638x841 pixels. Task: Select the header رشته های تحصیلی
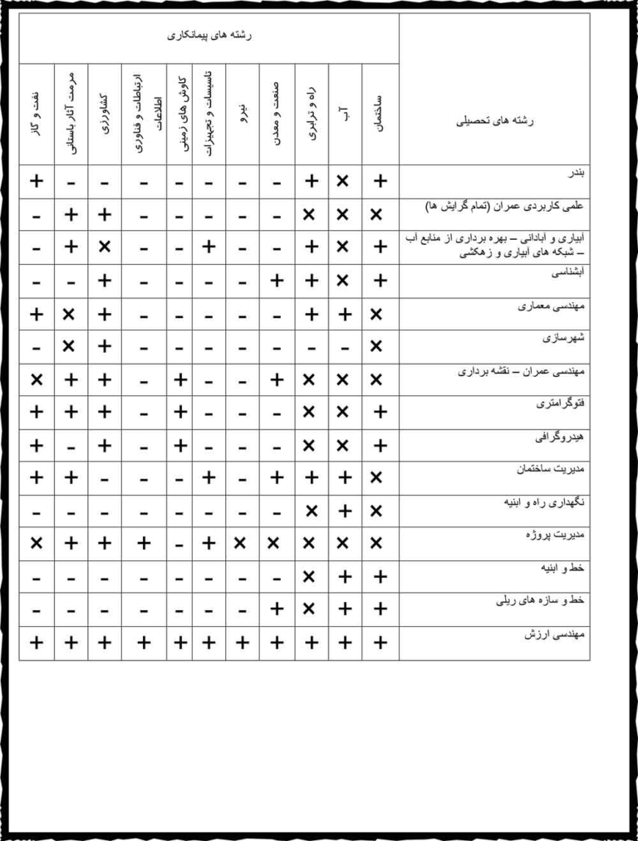click(x=495, y=120)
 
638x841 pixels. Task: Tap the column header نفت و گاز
click(x=36, y=115)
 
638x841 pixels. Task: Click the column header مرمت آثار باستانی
click(x=71, y=115)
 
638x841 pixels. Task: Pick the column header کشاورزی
click(x=104, y=115)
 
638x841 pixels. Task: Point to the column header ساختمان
click(x=379, y=115)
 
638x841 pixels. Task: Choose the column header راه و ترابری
click(x=311, y=115)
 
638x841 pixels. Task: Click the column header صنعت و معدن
click(x=276, y=115)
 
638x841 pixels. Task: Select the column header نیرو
click(x=241, y=115)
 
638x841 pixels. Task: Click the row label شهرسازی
click(x=567, y=339)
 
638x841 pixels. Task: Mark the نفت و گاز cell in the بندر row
click(x=36, y=181)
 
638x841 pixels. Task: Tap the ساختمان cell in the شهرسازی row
click(x=379, y=345)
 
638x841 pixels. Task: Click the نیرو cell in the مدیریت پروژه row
click(x=241, y=543)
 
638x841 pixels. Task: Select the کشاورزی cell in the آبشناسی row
click(x=104, y=281)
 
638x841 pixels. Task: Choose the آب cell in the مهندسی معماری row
click(x=344, y=314)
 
